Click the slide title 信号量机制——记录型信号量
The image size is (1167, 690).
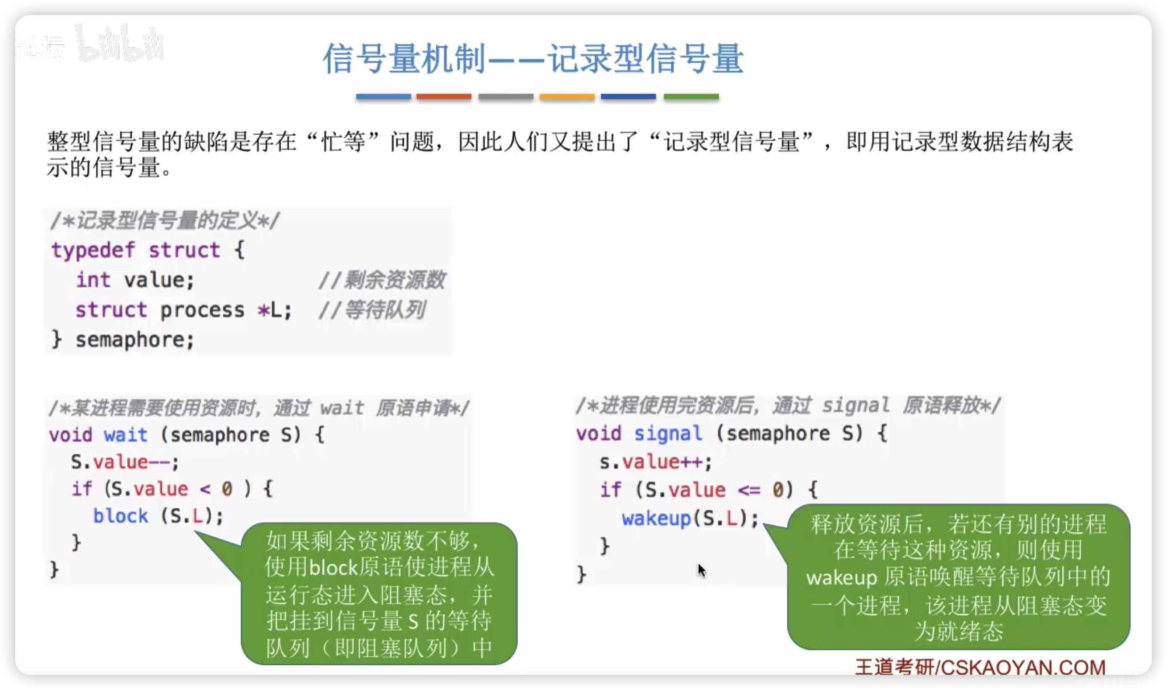[x=533, y=59]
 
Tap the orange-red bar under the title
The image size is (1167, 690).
[x=443, y=97]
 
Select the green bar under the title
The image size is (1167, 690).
[x=691, y=97]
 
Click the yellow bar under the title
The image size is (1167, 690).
[x=567, y=97]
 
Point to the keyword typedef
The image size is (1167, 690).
[x=93, y=251]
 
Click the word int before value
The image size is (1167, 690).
[x=93, y=280]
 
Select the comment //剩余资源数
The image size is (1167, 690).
[x=382, y=280]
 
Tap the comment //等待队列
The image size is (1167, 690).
[x=371, y=310]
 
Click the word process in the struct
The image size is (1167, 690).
[x=202, y=310]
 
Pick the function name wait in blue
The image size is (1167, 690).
[x=125, y=435]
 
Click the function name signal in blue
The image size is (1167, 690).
[x=668, y=434]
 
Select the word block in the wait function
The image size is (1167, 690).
[x=120, y=516]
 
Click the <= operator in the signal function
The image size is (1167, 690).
[x=748, y=490]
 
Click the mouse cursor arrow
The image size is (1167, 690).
[x=701, y=570]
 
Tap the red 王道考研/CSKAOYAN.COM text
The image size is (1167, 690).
[x=980, y=667]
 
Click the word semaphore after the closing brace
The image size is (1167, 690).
[x=134, y=340]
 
